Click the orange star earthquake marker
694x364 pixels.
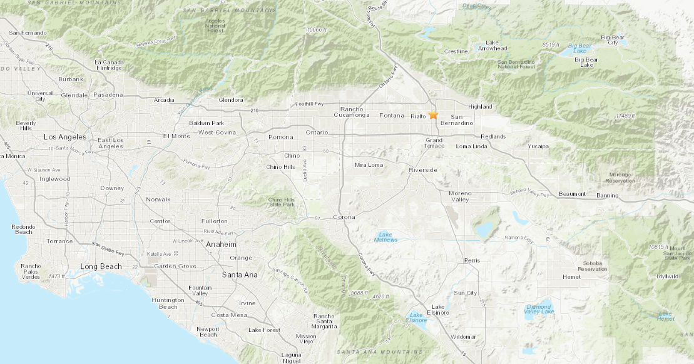(433, 115)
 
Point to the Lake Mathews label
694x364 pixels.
(385, 236)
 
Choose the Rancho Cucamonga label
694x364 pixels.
(352, 112)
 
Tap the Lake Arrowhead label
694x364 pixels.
(492, 45)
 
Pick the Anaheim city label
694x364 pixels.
(222, 244)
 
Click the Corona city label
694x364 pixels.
(344, 217)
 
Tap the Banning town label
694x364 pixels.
(607, 196)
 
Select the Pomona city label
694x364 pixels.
(281, 137)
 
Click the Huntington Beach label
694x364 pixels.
(168, 303)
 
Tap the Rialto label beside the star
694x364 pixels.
(418, 116)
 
